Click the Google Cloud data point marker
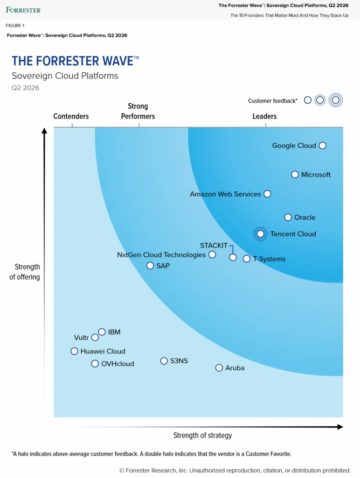[x=322, y=146]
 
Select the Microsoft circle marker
[x=295, y=175]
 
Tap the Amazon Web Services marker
[x=267, y=194]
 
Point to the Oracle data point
[x=288, y=217]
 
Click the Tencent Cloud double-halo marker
[x=261, y=234]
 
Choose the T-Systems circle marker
[x=247, y=259]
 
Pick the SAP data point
[x=150, y=266]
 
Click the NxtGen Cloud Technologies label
[x=161, y=255]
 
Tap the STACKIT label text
[x=214, y=246]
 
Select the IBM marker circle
[x=102, y=332]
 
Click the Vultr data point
[x=95, y=337]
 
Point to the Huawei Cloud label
[x=103, y=351]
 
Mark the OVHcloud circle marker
[x=95, y=364]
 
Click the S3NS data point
[x=164, y=361]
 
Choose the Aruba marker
[x=219, y=368]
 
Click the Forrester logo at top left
[x=24, y=10]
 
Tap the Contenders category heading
[x=71, y=116]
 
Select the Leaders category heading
[x=264, y=116]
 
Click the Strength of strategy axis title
[x=202, y=436]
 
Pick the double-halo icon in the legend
[x=335, y=100]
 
